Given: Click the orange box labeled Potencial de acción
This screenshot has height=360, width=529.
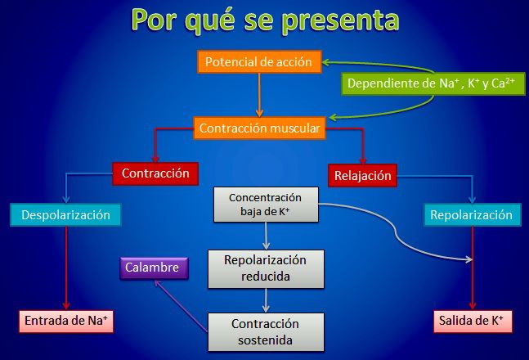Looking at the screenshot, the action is pos(259,62).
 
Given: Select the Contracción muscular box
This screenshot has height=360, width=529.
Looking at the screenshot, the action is pos(259,128).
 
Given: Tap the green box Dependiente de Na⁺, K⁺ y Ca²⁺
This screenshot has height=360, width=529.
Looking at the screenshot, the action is pos(433,83).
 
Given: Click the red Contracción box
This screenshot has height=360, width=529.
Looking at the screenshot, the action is pos(155,173).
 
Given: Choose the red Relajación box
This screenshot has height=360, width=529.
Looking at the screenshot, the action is pos(362,176).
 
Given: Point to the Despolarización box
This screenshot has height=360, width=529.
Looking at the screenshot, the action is pos(65,215).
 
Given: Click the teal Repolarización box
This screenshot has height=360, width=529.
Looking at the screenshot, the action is pos(473,215).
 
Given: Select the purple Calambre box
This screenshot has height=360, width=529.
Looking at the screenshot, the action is pos(154,268).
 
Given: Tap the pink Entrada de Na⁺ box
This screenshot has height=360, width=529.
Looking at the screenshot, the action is pos(66,322).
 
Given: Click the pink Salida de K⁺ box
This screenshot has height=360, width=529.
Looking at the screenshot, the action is pos(473,322).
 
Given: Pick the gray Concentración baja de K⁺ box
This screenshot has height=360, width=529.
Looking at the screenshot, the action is pos(266,205).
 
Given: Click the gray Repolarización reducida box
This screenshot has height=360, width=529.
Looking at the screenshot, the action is pos(266,269).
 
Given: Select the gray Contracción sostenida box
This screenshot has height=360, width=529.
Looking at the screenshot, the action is pos(266,332).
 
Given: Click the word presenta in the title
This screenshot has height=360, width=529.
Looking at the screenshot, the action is pos(341,20).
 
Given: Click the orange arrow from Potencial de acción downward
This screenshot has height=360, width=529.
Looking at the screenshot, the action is pos(259,95).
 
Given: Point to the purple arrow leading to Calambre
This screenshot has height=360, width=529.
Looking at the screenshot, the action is pos(181,306).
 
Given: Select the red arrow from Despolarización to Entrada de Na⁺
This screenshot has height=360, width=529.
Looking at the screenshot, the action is pos(66,268).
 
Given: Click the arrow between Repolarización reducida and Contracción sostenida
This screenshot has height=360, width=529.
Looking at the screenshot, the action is pos(266,300).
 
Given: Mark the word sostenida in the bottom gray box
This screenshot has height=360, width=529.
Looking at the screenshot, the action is pos(265,340).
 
